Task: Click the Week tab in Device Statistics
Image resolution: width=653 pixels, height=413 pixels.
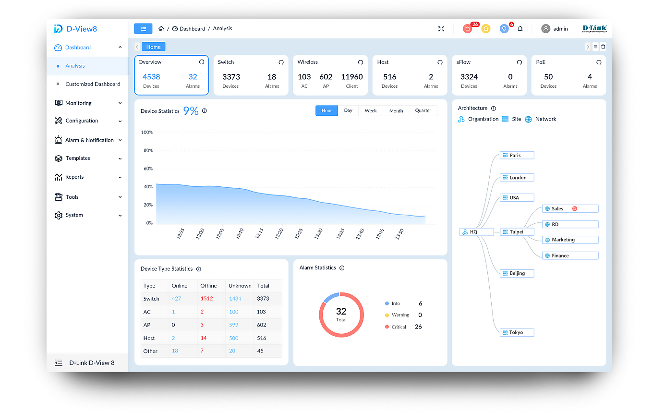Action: point(371,111)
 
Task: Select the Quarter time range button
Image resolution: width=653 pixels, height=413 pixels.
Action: point(423,111)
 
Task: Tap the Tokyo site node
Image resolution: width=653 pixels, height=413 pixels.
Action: point(517,332)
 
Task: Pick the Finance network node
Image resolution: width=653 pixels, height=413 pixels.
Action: point(570,255)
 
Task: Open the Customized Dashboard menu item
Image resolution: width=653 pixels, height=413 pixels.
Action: point(93,84)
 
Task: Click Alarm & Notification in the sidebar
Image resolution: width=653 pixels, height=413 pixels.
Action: point(89,140)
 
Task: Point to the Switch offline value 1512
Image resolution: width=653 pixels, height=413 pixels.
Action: point(206,299)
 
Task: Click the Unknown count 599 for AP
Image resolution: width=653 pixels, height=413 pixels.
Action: point(234,325)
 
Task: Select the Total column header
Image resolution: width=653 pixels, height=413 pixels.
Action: point(263,286)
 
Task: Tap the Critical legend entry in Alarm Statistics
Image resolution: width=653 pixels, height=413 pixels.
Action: point(399,327)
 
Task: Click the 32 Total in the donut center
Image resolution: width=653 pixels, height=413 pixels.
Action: point(341,314)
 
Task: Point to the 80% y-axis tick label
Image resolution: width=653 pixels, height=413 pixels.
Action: point(147,150)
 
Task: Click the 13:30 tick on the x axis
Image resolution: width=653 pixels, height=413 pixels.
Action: point(318,234)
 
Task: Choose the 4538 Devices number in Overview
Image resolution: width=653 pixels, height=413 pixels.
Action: point(151,77)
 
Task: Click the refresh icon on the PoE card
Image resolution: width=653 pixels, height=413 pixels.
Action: point(599,62)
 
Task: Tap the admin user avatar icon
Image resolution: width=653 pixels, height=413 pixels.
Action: point(545,29)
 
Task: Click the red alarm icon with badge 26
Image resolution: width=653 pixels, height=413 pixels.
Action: point(468,29)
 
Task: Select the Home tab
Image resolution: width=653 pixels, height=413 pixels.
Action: point(154,47)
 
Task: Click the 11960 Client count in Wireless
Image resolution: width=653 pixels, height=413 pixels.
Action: point(352,77)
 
